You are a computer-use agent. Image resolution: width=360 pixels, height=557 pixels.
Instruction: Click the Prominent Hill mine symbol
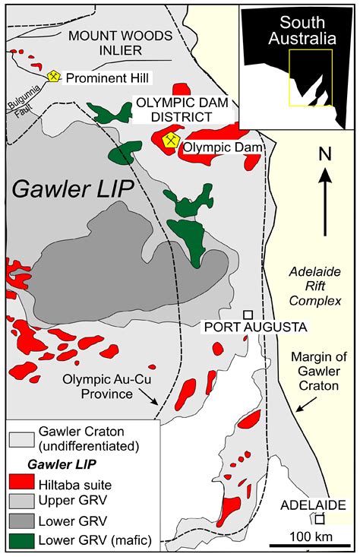pyautogui.click(x=53, y=77)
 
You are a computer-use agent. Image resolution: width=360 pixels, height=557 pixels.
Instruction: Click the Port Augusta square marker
pyautogui.click(x=248, y=315)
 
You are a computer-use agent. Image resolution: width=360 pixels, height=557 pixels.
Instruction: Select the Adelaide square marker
pyautogui.click(x=320, y=519)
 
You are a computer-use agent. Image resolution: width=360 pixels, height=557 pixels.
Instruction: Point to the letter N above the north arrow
pyautogui.click(x=325, y=154)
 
